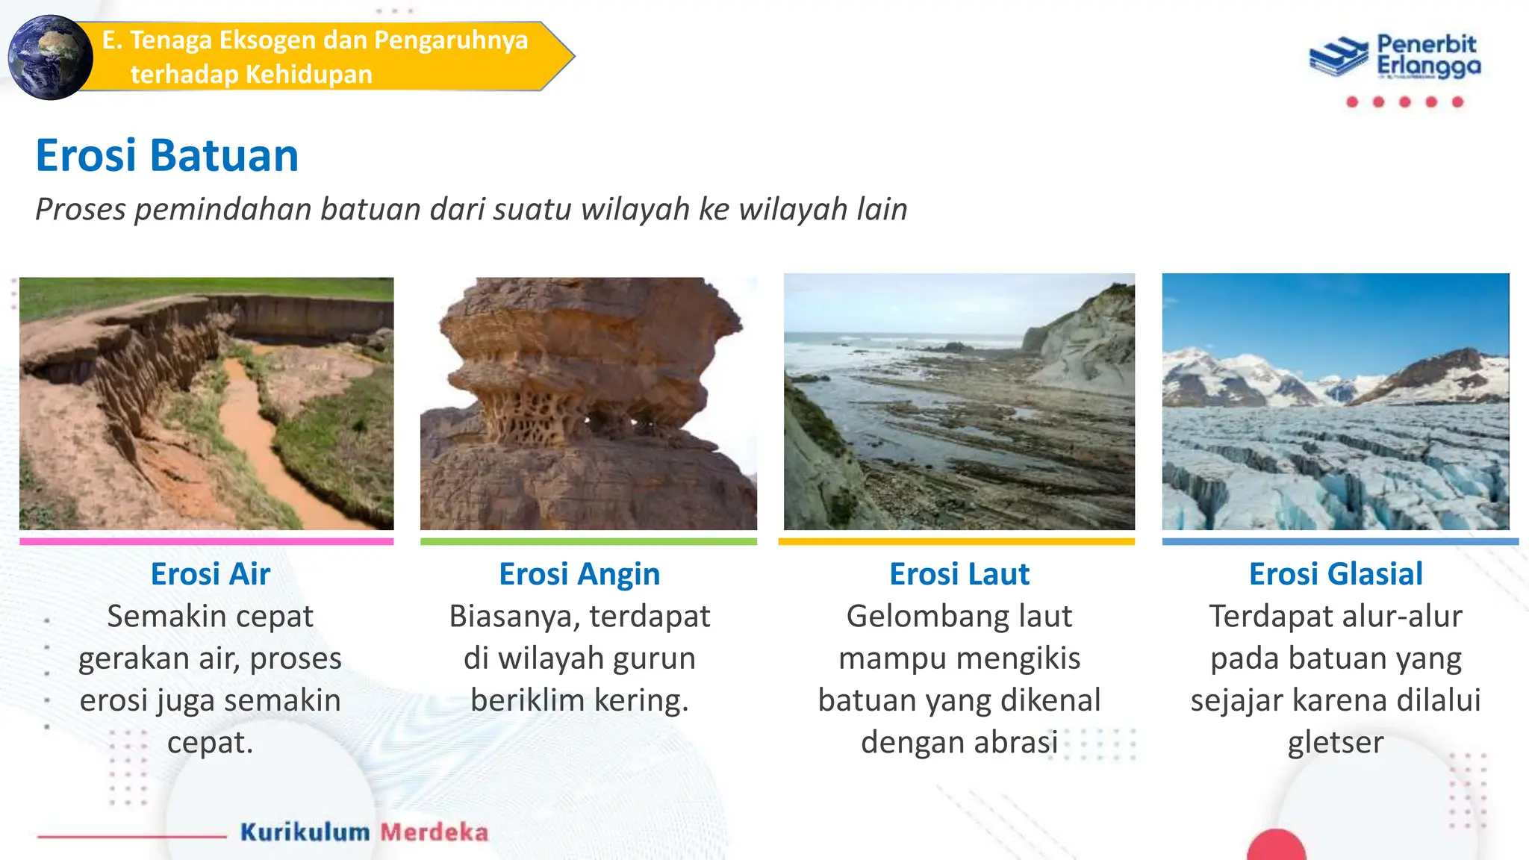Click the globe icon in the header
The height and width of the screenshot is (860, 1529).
tap(50, 57)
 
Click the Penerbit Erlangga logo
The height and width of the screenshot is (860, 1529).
tap(1395, 56)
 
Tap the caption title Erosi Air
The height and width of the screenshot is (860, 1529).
tap(210, 574)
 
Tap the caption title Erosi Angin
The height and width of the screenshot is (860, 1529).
tap(579, 574)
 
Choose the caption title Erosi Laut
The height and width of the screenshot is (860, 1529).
tap(959, 574)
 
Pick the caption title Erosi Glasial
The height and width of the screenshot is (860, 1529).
tap(1336, 574)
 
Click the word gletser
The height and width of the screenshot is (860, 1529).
tap(1336, 743)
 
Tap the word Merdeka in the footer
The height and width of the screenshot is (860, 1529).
tap(435, 832)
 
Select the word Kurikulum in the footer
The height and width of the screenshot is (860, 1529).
tap(305, 832)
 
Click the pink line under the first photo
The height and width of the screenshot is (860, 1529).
tap(206, 541)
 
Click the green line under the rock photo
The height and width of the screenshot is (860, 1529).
tap(588, 541)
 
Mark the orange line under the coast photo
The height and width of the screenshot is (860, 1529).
tap(956, 541)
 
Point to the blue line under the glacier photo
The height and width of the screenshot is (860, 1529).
tap(1340, 541)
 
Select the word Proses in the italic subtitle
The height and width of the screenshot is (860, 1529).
tap(81, 209)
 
